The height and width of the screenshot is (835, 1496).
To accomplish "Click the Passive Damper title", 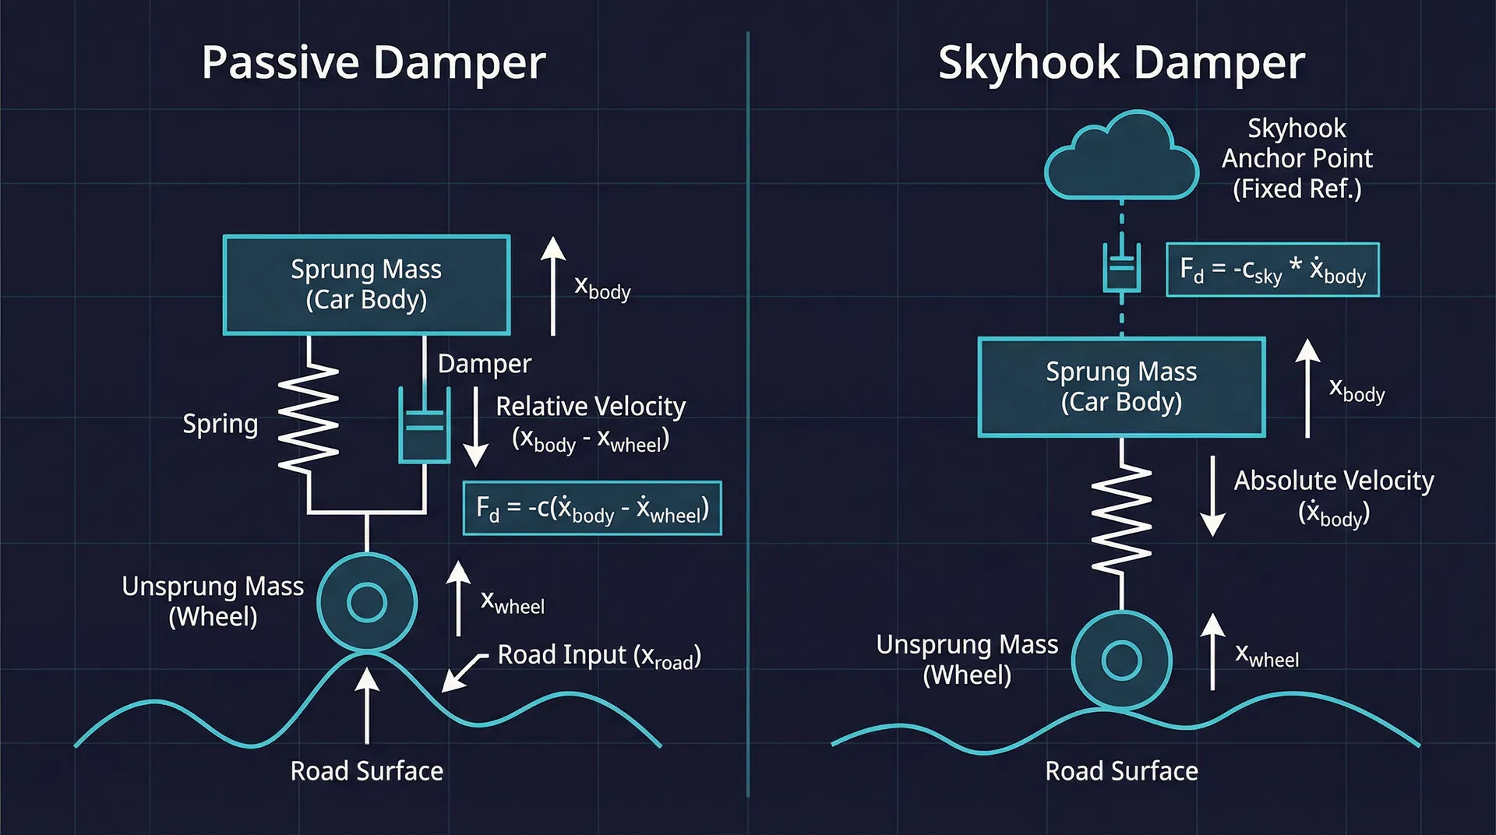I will [373, 62].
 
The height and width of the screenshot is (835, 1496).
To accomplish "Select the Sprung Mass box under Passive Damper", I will [366, 284].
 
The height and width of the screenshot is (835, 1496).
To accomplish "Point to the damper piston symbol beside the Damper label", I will [424, 426].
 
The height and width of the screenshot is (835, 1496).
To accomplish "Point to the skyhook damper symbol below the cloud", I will [1121, 267].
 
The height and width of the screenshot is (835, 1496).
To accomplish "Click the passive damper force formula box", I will [592, 509].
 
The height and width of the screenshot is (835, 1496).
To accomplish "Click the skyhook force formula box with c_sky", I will [1272, 270].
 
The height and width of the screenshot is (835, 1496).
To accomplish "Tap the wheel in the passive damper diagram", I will [367, 602].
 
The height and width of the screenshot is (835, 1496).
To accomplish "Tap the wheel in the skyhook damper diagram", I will [1121, 660].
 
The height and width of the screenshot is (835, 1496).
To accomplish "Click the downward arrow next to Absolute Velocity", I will [1212, 496].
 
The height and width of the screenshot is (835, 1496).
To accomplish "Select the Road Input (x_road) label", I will [598, 656].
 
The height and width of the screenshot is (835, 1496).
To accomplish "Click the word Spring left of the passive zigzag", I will [220, 424].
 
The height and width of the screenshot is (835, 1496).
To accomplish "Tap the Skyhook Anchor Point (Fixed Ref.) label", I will [1297, 158].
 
